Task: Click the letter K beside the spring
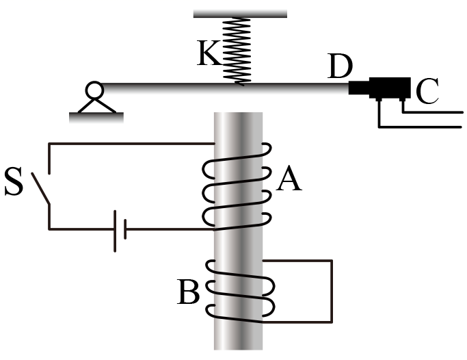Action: click(x=209, y=53)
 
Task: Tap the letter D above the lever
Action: click(x=340, y=66)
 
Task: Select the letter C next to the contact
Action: click(x=427, y=91)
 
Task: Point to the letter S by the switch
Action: click(x=14, y=181)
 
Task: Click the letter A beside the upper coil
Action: click(x=289, y=179)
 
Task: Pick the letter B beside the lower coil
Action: click(x=188, y=292)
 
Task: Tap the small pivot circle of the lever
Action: click(x=94, y=90)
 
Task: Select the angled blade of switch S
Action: click(x=40, y=188)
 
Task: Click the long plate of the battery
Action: click(x=115, y=231)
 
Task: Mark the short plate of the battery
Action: click(x=125, y=229)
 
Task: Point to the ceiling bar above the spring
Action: click(x=240, y=14)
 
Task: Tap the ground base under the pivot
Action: click(x=96, y=118)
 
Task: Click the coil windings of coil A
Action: click(x=237, y=187)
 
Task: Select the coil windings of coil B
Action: click(x=240, y=291)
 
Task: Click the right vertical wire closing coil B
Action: click(x=331, y=291)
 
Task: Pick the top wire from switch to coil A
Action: click(x=132, y=144)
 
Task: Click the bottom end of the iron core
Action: click(x=238, y=348)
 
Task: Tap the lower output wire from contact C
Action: click(x=421, y=127)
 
